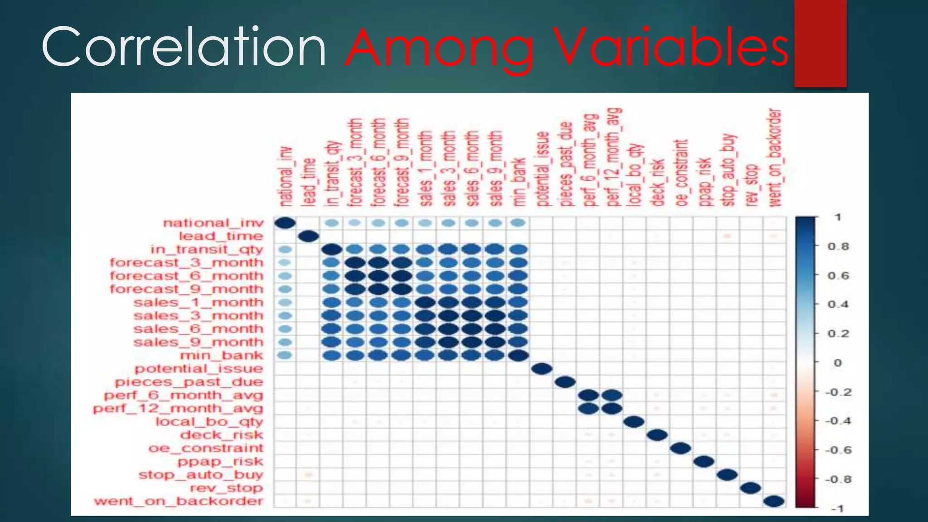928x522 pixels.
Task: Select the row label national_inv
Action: coord(213,223)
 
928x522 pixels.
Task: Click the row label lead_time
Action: coord(221,236)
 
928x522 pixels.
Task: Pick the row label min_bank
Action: coord(222,356)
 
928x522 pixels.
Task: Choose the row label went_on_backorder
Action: coord(179,501)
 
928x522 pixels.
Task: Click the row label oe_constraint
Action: coord(206,448)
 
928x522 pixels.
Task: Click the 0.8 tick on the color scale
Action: coord(838,246)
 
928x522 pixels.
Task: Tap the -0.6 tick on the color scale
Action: coord(838,450)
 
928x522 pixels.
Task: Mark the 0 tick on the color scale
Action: coord(837,362)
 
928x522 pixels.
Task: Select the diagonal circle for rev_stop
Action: coord(750,488)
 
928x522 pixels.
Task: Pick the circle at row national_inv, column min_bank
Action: coord(518,223)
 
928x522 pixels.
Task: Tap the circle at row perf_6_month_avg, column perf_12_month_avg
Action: coord(611,395)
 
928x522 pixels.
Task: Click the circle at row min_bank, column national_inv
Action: coord(285,356)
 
